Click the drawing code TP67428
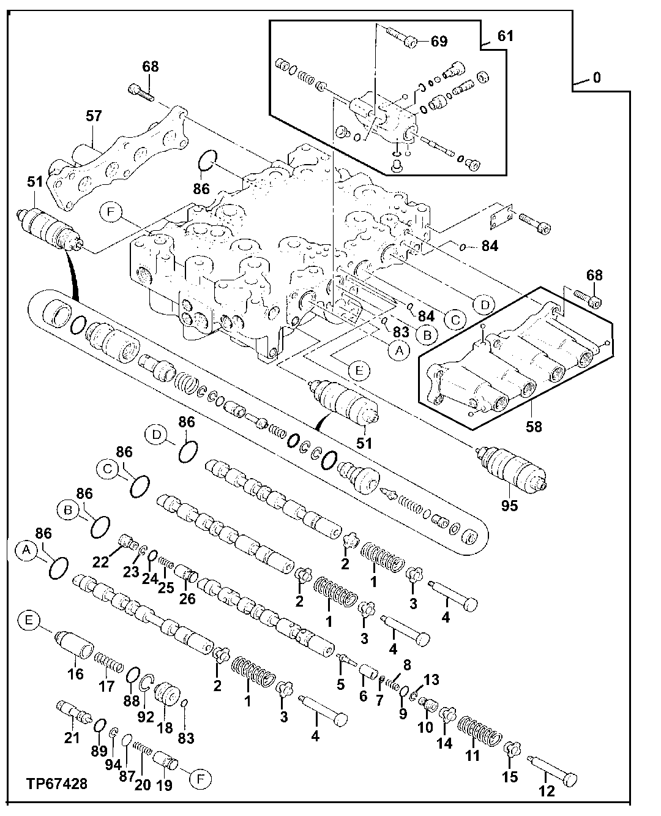[56, 784]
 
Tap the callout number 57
[94, 116]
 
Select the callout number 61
[505, 36]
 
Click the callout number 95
[509, 506]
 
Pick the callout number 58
[534, 426]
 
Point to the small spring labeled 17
[110, 663]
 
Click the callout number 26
[187, 598]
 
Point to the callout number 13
[431, 679]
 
